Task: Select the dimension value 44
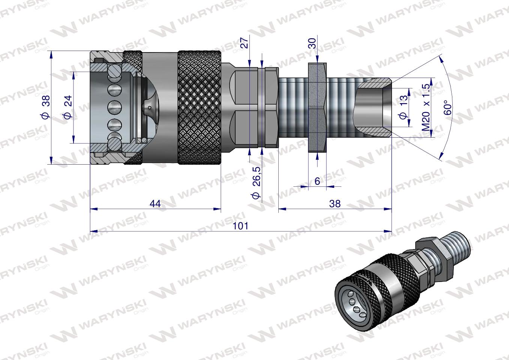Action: [x=155, y=203]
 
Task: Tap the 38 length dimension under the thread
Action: [x=335, y=203]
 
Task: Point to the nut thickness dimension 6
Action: [x=317, y=181]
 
